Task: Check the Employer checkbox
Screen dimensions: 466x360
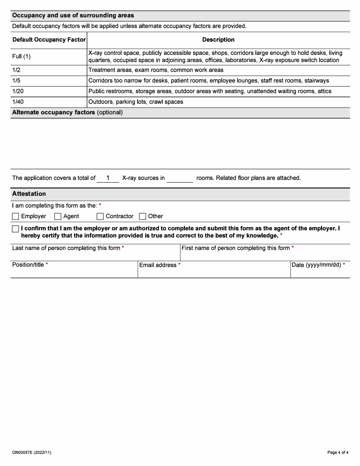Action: point(16,216)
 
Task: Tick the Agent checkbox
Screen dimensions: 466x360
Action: point(58,216)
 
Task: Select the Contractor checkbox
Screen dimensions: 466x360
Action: point(100,216)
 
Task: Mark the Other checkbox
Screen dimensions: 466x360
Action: point(142,216)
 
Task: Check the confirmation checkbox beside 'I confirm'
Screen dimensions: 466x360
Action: point(16,229)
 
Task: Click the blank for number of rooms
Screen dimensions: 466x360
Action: point(180,178)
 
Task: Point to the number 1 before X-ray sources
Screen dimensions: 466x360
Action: point(108,178)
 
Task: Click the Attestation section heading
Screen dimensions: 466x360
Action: point(29,194)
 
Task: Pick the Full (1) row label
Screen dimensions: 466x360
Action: point(22,56)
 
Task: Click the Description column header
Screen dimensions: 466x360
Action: point(218,40)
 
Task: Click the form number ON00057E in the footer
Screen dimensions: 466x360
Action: point(31,452)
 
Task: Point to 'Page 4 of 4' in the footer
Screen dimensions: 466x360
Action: point(338,452)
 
